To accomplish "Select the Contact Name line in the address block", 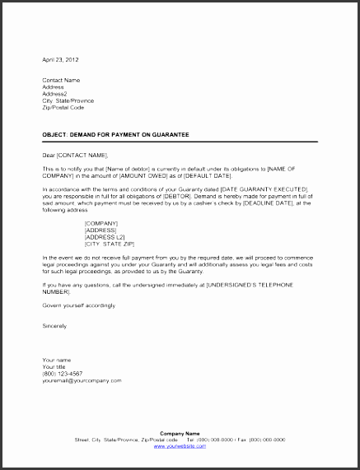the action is pyautogui.click(x=62, y=80).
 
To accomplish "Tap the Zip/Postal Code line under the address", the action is pyautogui.click(x=63, y=107).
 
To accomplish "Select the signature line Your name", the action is pyautogui.click(x=58, y=360).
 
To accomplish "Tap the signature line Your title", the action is pyautogui.click(x=57, y=366).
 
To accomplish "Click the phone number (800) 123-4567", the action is pyautogui.click(x=63, y=374).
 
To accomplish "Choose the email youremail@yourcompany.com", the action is pyautogui.click(x=82, y=380).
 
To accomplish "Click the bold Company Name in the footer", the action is pyautogui.click(x=180, y=433).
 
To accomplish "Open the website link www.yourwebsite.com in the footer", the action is pyautogui.click(x=180, y=445).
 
